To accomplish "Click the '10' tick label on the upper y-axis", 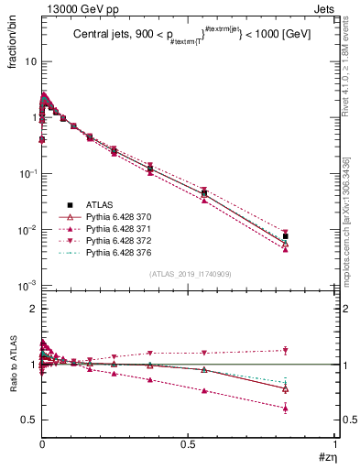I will pyautogui.click(x=30, y=61).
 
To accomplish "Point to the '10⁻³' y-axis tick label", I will pyautogui.click(x=27, y=286).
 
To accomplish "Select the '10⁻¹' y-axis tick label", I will pyautogui.click(x=27, y=174).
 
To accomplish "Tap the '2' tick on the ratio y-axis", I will pyautogui.click(x=34, y=309).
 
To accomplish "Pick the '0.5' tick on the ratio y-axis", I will pyautogui.click(x=30, y=420).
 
